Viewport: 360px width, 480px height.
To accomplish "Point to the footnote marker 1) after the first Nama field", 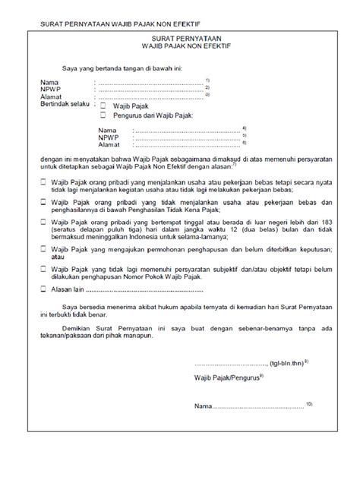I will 207,80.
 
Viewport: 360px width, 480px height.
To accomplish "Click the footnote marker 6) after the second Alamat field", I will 245,142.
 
